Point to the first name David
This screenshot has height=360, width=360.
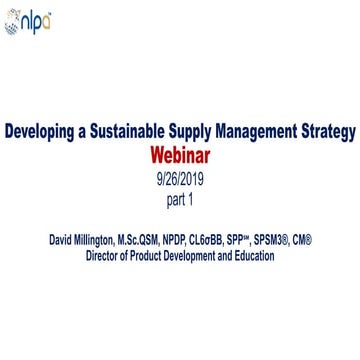[62, 240]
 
